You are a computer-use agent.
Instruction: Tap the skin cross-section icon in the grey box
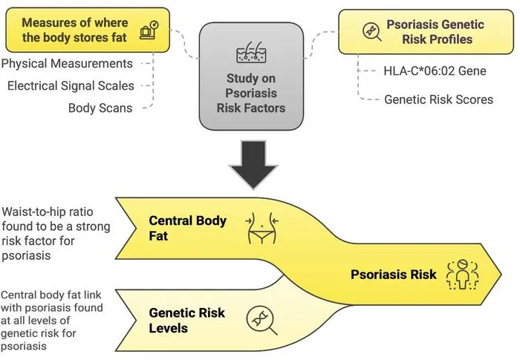pos(251,53)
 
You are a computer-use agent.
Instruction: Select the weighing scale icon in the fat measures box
pos(149,30)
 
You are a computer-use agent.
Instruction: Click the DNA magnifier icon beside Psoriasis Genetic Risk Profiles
pos(371,32)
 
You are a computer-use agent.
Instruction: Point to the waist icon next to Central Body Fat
pos(262,228)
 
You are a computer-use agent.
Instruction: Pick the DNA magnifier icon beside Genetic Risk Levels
pos(261,320)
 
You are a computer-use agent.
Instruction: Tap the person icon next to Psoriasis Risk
pos(462,275)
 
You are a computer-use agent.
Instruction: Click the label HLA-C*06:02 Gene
pos(435,71)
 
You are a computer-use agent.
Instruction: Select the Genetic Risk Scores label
pos(438,99)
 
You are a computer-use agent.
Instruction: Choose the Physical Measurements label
pos(67,64)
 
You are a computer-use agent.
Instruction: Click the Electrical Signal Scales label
pos(71,86)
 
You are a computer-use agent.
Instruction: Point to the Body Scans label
pos(100,108)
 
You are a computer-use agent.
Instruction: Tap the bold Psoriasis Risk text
pos(394,275)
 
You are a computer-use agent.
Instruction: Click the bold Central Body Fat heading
pos(188,228)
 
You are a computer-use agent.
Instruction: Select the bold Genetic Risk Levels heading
pos(187,320)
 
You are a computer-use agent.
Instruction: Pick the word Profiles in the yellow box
pos(438,39)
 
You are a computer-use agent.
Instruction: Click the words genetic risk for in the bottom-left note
pos(38,333)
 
